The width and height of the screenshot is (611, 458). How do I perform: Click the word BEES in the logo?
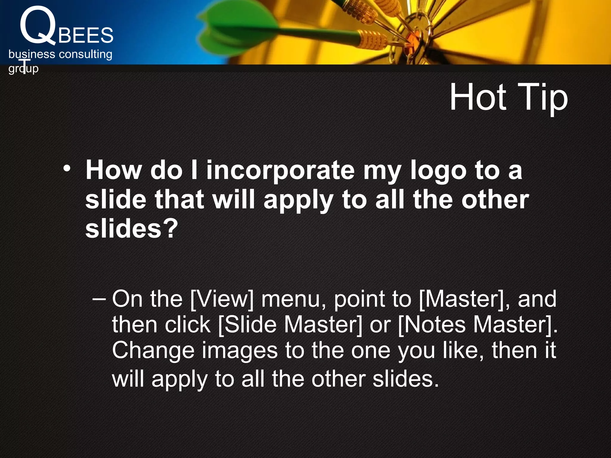point(86,35)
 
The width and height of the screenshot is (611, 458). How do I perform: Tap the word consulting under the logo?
point(85,54)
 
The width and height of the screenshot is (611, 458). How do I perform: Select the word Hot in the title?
point(478,97)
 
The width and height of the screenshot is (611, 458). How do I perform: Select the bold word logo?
point(438,171)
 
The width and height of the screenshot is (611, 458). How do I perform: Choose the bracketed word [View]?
point(222,299)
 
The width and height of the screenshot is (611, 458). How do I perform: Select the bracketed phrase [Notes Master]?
point(478,325)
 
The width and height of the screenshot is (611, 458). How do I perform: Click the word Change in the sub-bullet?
point(153,350)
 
